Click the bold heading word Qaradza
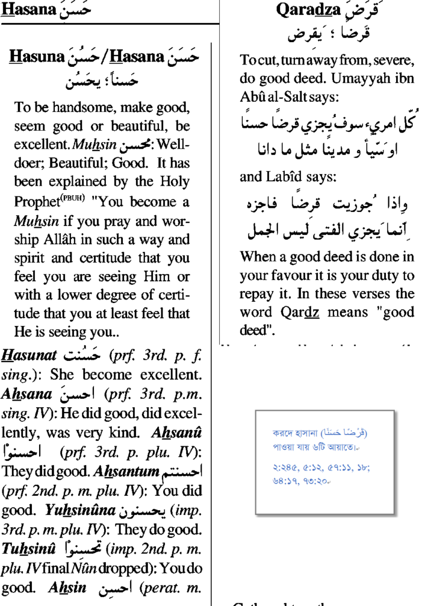point(308,10)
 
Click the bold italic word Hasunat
point(29,356)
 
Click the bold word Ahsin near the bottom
point(70,588)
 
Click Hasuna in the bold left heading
point(37,57)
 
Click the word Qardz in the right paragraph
point(297,312)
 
